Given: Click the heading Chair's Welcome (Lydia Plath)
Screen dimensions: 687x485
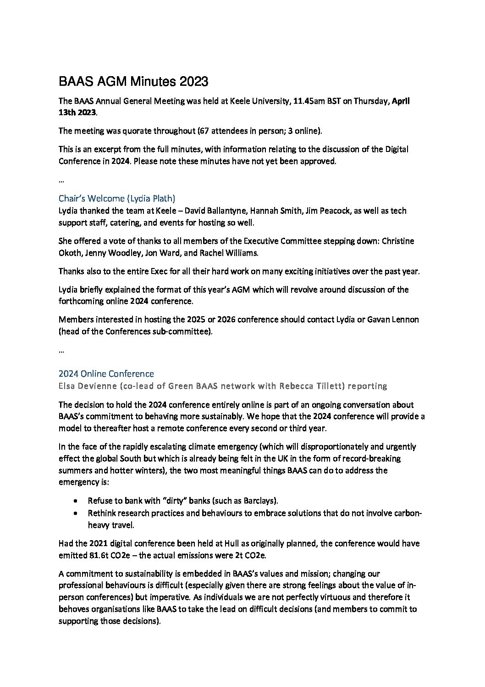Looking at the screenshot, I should [117, 198].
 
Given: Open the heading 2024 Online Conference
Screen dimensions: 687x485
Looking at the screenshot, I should [106, 374].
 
